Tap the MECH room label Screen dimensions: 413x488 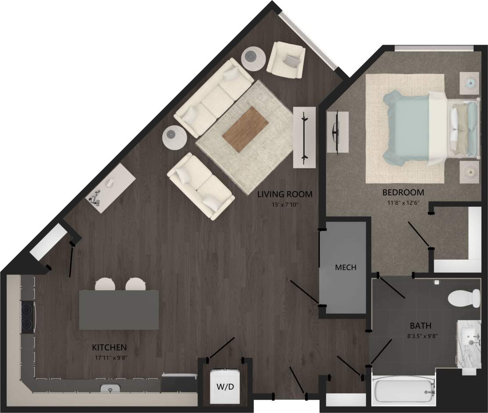345,267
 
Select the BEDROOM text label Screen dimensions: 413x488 403,192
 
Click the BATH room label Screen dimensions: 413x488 420,326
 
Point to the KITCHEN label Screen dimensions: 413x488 109,348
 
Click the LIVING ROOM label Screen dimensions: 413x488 284,194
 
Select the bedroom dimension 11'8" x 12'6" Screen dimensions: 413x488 403,203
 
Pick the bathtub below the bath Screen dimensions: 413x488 403,388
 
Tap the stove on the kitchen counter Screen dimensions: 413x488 27,317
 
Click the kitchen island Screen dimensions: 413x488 118,309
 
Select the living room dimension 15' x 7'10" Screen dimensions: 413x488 284,204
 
